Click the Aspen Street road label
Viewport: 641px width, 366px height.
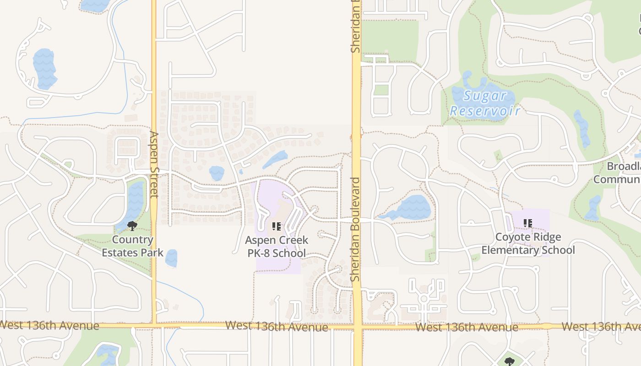tap(154, 165)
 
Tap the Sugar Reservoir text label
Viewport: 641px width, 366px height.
tap(485, 103)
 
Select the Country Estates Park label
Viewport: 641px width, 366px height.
tap(132, 246)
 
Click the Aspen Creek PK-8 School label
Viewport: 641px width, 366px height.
tap(277, 247)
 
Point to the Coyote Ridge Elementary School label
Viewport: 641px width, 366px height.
tap(528, 243)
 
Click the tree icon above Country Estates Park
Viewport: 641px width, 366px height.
tap(132, 226)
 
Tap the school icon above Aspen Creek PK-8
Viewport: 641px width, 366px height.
tap(276, 226)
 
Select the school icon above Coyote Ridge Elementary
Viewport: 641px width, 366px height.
tap(527, 223)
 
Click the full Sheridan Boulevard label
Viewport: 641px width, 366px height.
tap(356, 229)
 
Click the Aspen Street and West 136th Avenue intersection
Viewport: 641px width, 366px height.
tap(154, 326)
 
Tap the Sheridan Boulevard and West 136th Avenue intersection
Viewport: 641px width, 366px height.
tap(357, 327)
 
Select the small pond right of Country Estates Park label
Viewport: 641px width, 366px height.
tap(171, 258)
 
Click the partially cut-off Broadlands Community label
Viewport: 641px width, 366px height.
tap(618, 172)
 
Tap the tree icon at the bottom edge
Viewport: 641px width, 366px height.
tap(509, 362)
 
